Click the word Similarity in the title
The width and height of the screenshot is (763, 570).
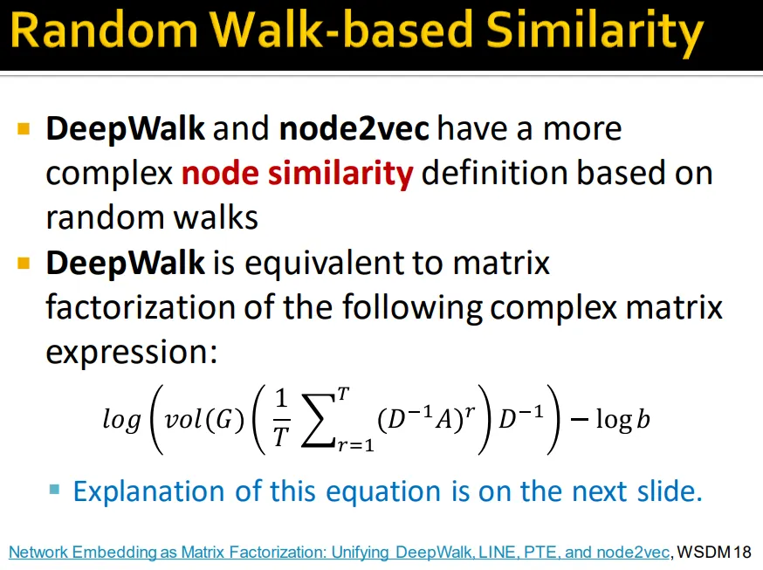[595, 31]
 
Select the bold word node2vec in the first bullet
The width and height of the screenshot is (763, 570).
[354, 128]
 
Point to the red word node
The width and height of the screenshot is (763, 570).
[220, 174]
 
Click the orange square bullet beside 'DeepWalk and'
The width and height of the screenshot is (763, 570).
[24, 129]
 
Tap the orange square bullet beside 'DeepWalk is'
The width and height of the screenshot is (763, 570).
[24, 263]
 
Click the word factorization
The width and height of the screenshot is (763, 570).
[141, 307]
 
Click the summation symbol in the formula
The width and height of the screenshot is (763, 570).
[319, 420]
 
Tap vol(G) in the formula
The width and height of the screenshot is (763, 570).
[204, 419]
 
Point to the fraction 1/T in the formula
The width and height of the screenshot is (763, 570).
[281, 419]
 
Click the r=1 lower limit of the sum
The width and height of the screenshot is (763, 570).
[355, 445]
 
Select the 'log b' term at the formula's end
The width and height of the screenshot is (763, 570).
[622, 419]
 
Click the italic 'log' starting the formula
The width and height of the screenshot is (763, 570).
[121, 420]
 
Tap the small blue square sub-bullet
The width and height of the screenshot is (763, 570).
[54, 489]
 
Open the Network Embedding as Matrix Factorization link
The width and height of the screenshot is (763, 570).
[340, 553]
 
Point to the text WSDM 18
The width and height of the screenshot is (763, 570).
[714, 553]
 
